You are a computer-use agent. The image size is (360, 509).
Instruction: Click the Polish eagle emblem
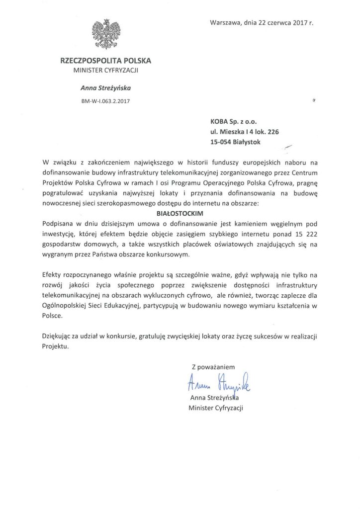point(105,34)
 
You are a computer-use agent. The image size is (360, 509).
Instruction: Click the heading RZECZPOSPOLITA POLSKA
point(105,61)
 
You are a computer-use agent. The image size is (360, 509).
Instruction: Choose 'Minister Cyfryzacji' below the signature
point(217,408)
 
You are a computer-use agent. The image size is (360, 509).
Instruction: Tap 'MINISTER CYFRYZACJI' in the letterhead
point(105,71)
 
